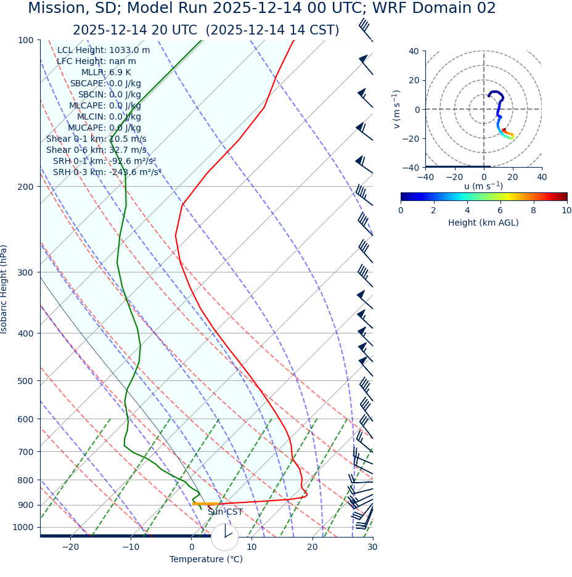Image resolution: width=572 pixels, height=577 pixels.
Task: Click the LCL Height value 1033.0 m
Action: point(129,51)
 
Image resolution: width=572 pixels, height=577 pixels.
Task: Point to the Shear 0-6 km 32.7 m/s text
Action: point(96,150)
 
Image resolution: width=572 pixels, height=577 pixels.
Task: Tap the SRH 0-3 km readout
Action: point(107,173)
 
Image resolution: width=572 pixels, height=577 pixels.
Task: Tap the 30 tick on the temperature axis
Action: point(372,547)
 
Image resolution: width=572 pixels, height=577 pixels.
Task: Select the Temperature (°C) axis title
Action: point(206,560)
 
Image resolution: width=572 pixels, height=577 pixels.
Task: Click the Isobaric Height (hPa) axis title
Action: point(4,289)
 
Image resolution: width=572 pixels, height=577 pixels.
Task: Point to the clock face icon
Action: point(225,537)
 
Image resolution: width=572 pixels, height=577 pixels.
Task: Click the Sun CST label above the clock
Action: point(225,512)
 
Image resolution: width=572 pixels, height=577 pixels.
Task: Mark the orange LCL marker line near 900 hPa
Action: point(205,504)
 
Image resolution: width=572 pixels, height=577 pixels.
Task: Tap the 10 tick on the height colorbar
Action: point(566,210)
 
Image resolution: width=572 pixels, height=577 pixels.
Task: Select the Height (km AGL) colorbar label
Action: point(483,223)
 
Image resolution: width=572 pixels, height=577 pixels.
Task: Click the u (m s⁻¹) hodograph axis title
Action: point(483,186)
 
